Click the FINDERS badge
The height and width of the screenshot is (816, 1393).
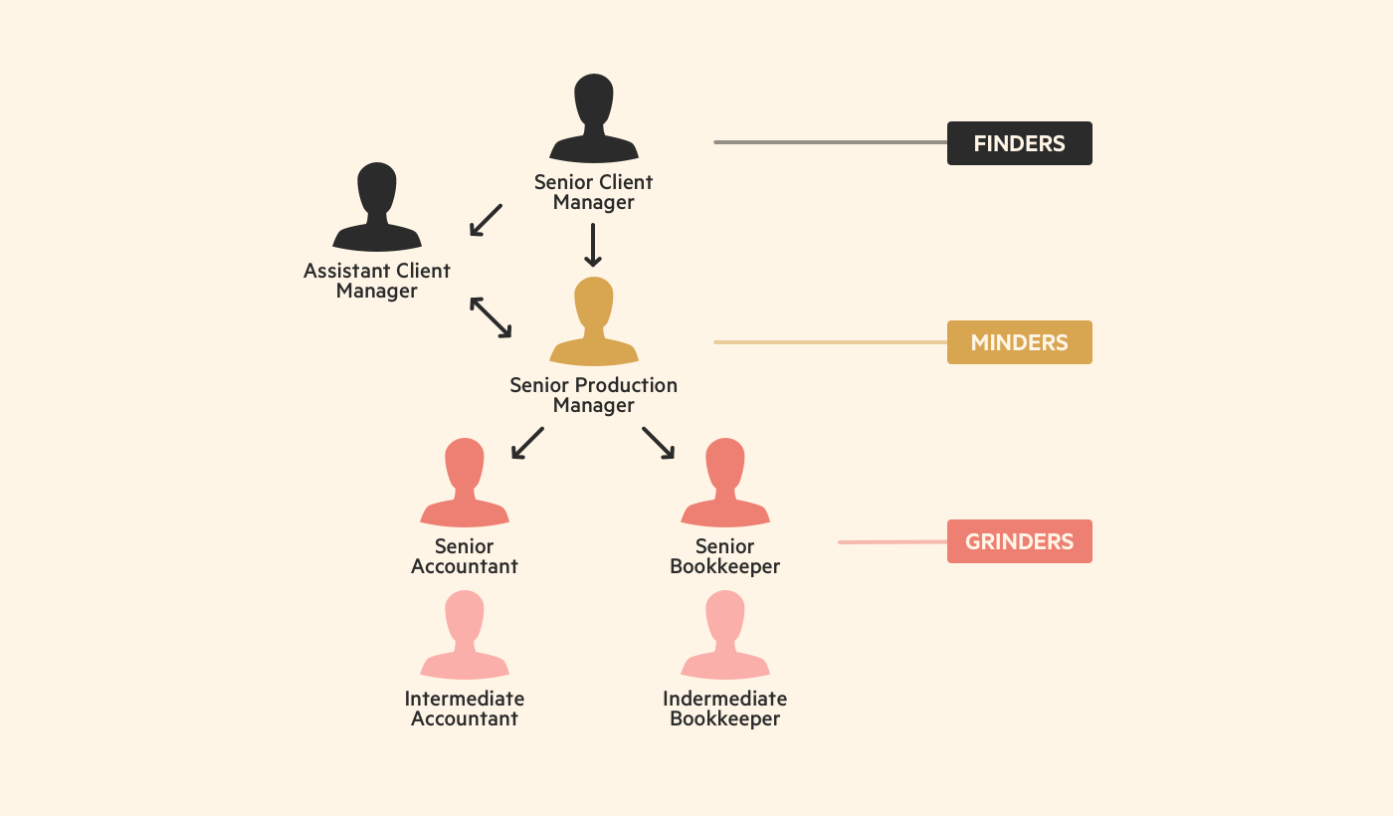pyautogui.click(x=1019, y=143)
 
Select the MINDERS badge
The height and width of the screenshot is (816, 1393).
pyautogui.click(x=1019, y=342)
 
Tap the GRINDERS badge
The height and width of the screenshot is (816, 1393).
pyautogui.click(x=1019, y=541)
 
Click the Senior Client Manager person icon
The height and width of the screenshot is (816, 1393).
pyautogui.click(x=594, y=119)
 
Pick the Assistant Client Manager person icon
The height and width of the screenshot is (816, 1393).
pyautogui.click(x=377, y=208)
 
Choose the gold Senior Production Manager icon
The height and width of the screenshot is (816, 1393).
pyautogui.click(x=594, y=322)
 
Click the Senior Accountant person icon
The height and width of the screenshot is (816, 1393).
pyautogui.click(x=465, y=484)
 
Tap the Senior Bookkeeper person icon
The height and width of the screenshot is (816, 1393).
pyautogui.click(x=725, y=484)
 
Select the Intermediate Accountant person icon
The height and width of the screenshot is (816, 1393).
pyautogui.click(x=465, y=636)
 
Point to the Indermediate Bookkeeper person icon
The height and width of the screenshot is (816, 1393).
pyautogui.click(x=725, y=636)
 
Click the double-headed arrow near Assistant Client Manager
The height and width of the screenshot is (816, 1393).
pyautogui.click(x=491, y=316)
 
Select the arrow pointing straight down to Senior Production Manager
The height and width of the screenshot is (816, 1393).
pyautogui.click(x=593, y=245)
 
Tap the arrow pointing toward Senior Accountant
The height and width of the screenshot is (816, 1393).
pyautogui.click(x=527, y=443)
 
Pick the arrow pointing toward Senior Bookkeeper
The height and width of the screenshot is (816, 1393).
pyautogui.click(x=658, y=443)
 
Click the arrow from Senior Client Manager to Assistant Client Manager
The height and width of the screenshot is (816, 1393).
pyautogui.click(x=486, y=220)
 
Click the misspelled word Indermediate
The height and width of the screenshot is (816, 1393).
pyautogui.click(x=724, y=699)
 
